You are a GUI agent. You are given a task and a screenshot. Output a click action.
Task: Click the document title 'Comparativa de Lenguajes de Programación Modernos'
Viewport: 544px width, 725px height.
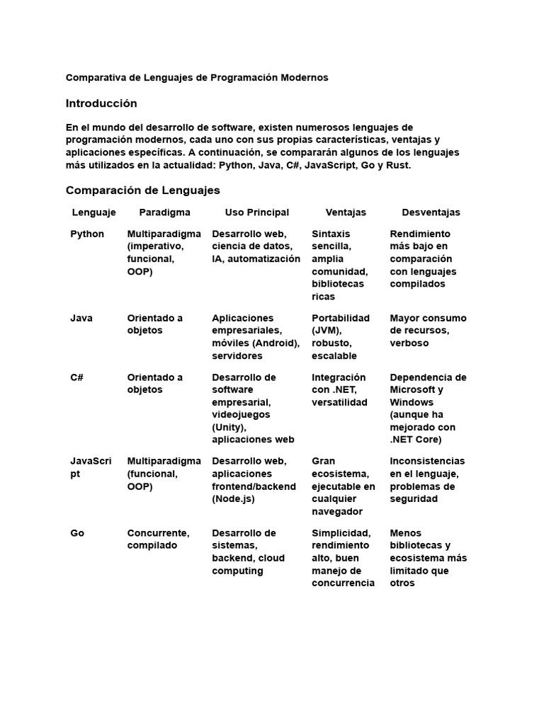[x=197, y=77]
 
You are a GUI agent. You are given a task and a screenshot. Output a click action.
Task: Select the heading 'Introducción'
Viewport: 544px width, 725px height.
[x=101, y=103]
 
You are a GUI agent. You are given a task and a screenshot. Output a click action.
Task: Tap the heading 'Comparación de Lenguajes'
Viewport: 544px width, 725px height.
[x=142, y=190]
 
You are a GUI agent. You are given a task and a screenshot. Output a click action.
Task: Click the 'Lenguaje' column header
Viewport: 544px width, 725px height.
[x=93, y=212]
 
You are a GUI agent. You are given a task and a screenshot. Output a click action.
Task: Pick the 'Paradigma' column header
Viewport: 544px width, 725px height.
[x=164, y=212]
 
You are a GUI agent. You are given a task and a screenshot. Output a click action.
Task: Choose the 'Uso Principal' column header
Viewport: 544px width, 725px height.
[x=256, y=212]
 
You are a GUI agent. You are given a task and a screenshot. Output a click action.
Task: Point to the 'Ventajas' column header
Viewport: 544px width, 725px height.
[x=346, y=212]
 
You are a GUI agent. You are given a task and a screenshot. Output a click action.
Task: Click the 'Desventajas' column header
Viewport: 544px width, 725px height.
[x=431, y=212]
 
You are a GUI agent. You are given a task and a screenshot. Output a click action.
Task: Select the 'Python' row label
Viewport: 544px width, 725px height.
[x=87, y=234]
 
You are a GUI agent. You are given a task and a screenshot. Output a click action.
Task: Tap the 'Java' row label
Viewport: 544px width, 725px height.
[x=81, y=318]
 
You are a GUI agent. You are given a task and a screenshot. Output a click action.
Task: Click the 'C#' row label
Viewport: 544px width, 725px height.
[x=77, y=377]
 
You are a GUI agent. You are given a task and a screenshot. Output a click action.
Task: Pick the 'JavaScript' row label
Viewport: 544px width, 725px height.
[x=90, y=467]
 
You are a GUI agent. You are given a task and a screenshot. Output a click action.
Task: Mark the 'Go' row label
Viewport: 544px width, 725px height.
[x=77, y=533]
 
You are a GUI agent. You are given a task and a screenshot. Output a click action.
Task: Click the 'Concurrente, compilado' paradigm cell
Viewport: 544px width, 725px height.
[x=158, y=540]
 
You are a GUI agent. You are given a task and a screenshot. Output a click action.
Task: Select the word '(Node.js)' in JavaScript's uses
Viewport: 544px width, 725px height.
[x=233, y=499]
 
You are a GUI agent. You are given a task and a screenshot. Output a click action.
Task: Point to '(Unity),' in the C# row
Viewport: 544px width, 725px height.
[x=229, y=428]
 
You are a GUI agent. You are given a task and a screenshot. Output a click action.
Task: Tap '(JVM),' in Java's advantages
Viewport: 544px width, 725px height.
[x=327, y=331]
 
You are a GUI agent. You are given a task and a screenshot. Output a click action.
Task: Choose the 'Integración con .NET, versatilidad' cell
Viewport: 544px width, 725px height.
[x=339, y=390]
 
